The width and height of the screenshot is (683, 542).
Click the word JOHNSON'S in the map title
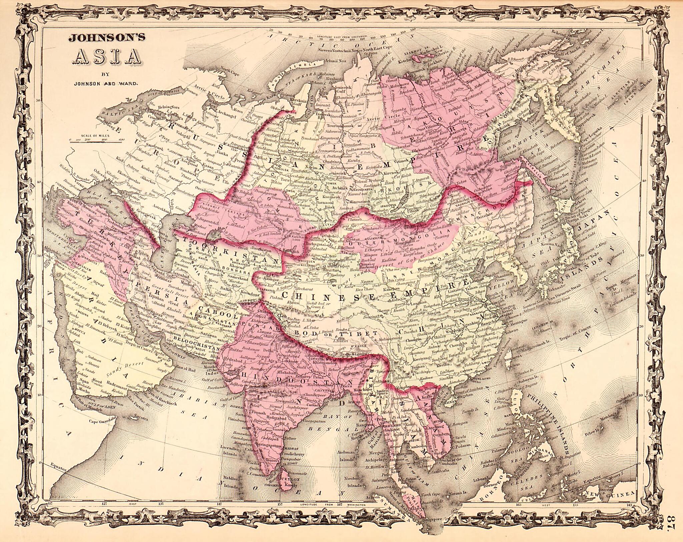pos(107,38)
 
